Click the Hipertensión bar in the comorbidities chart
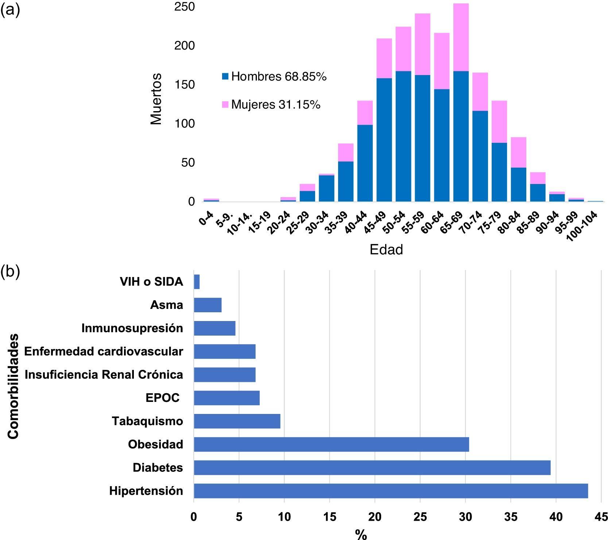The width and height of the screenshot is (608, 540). tap(390, 491)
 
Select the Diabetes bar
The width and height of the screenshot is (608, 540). tap(372, 467)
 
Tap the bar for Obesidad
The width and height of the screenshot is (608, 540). tap(331, 444)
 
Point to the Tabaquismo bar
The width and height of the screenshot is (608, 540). tap(237, 421)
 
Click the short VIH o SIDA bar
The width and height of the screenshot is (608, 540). tap(197, 282)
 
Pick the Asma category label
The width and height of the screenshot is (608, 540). tap(166, 305)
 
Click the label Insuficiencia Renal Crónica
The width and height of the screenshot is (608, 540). tap(104, 375)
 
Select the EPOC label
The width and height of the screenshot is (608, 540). tap(162, 398)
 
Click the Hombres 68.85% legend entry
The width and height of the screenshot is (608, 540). tap(274, 77)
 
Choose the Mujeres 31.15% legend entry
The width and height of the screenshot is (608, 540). tap(271, 105)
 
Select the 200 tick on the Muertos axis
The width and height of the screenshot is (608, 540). tap(184, 46)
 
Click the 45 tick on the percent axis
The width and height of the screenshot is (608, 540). tap(601, 517)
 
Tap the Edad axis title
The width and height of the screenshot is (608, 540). tap(386, 250)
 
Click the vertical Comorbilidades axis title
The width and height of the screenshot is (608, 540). tap(13, 386)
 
